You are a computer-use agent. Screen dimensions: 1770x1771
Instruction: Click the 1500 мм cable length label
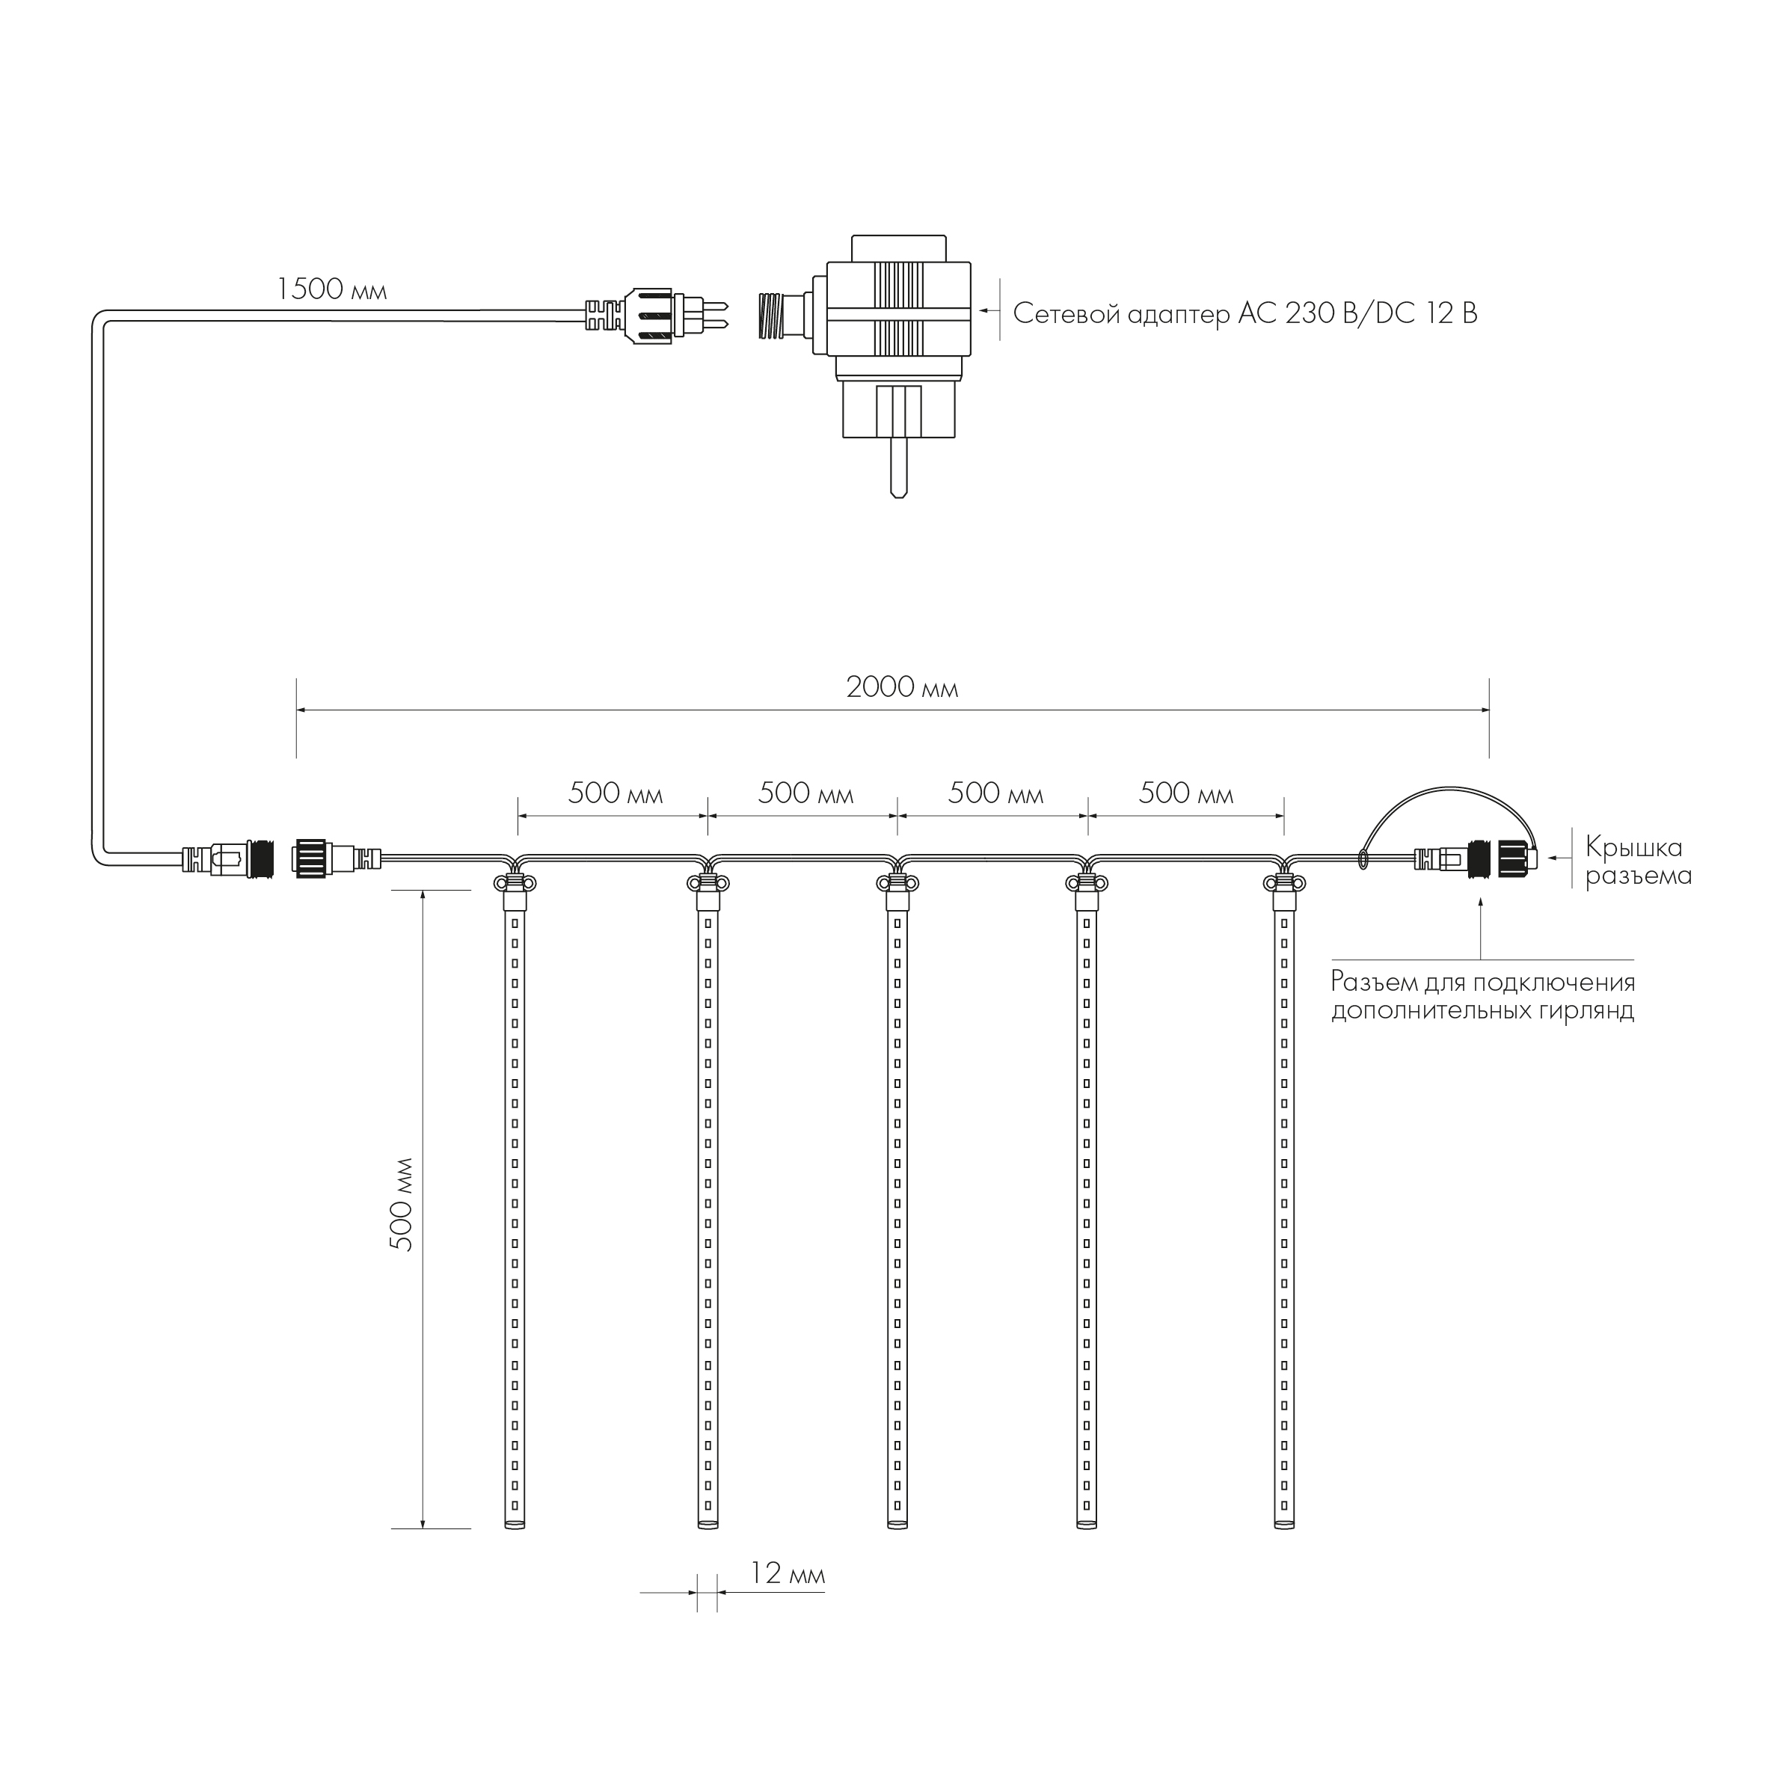[332, 291]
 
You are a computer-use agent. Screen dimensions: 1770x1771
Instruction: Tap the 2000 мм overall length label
[902, 687]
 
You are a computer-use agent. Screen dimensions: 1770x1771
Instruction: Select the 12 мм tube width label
[788, 1575]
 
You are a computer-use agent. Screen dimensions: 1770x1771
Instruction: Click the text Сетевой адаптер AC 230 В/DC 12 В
[1244, 314]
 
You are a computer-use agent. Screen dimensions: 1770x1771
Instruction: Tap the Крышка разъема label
[1638, 861]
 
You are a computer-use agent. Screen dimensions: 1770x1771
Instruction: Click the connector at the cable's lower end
[229, 860]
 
